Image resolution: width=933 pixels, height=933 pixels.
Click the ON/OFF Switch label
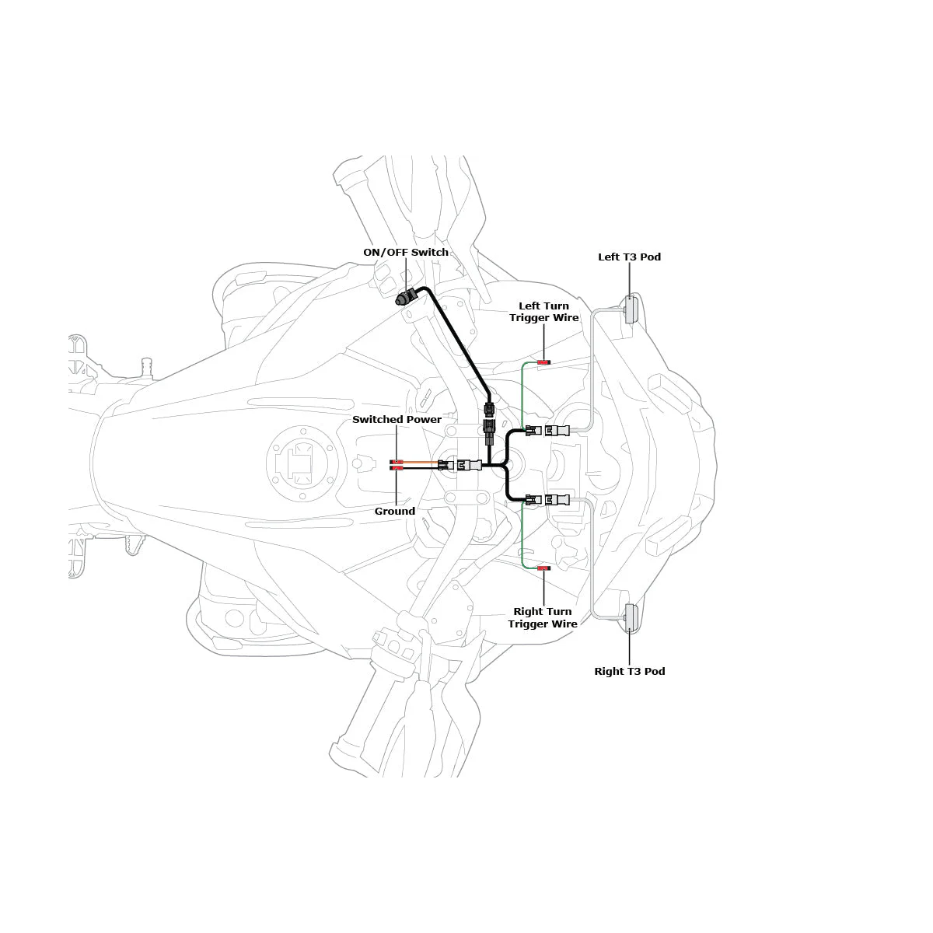coord(406,252)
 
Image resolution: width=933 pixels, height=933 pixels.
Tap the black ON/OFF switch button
coord(404,298)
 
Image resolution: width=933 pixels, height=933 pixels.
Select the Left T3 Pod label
coord(629,257)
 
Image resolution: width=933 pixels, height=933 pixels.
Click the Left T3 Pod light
coord(631,309)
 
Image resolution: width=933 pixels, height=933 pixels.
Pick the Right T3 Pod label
coord(630,671)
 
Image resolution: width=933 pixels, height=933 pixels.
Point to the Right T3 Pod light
coord(631,618)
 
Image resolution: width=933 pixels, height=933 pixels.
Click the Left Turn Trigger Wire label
coord(543,312)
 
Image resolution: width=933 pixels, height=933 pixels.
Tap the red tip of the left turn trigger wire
coord(543,362)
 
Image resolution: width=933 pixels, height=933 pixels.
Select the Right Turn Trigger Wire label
coord(543,617)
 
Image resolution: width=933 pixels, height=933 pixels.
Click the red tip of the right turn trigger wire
coord(543,568)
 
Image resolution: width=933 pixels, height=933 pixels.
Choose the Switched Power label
coord(397,419)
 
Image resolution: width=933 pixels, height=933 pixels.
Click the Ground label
coord(395,512)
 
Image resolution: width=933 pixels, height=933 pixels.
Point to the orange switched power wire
coord(421,463)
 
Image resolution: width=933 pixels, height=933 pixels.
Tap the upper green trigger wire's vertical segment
coord(522,396)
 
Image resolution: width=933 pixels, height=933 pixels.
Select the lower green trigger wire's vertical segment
coord(522,534)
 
